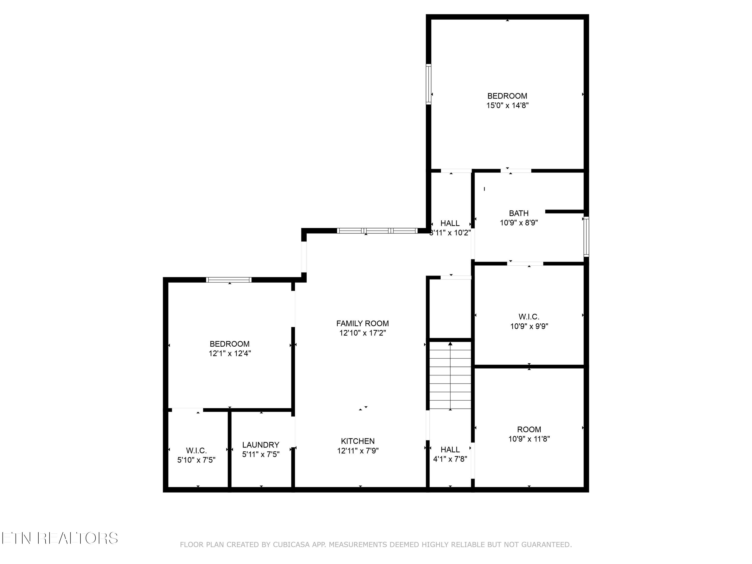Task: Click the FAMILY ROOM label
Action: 362,323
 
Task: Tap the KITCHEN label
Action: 358,441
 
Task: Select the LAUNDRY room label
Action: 261,445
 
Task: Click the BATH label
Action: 518,213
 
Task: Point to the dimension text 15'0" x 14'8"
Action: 507,105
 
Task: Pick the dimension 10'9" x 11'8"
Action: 529,439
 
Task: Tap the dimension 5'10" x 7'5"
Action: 196,460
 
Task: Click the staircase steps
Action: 450,376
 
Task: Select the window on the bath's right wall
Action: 586,237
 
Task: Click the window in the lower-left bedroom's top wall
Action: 229,280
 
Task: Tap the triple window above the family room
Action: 377,231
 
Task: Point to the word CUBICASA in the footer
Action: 291,545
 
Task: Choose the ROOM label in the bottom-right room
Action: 529,429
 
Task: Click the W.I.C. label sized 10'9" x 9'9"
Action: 529,317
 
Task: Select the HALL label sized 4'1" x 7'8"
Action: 450,449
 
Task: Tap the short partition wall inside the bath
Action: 564,212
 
